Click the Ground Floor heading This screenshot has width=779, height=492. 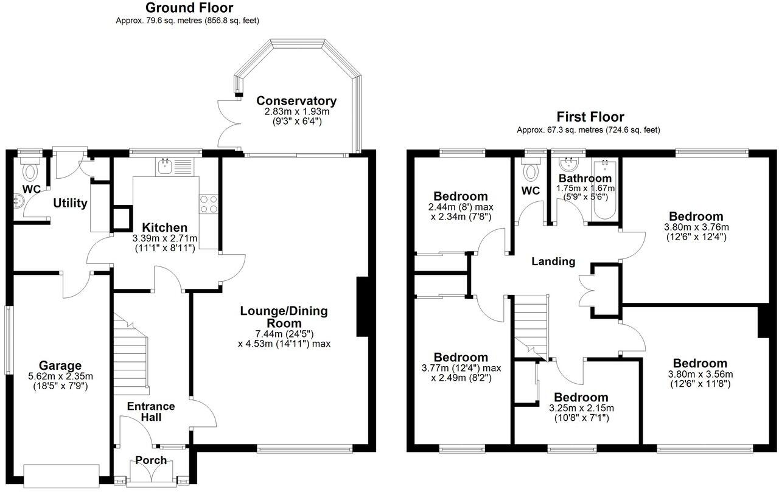click(x=189, y=8)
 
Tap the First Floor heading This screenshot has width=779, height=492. click(x=590, y=117)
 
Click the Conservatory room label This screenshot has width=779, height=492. click(x=296, y=101)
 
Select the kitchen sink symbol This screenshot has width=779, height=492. click(x=165, y=166)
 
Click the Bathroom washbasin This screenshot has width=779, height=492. click(x=568, y=163)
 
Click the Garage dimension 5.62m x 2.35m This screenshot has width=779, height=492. click(x=60, y=376)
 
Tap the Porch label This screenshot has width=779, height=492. click(x=151, y=460)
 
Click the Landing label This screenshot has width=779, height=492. click(x=553, y=262)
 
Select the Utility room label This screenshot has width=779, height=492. click(x=70, y=203)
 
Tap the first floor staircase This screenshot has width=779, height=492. click(x=531, y=325)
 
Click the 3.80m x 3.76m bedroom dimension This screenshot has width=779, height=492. click(x=696, y=227)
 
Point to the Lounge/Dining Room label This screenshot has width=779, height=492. click(x=284, y=317)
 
